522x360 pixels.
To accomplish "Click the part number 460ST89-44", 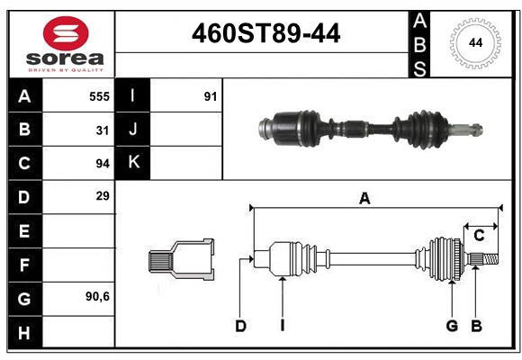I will pos(266,34).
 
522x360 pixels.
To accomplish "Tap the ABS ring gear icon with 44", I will pos(472,42).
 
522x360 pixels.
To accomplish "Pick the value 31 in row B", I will pos(103,130).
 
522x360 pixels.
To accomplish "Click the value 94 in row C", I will pos(103,163).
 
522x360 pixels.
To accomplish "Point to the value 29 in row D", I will pos(103,195).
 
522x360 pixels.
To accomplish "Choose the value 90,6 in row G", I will pos(97,296).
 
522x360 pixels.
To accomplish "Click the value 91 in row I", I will pos(211,95).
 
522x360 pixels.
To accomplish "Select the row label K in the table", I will pos(133,163).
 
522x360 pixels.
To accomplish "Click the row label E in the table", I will pos(24,231).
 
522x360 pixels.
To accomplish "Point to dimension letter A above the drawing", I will pos(364,199).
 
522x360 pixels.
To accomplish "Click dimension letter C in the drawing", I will pos(479,235).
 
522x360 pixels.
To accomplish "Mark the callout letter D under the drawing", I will pos(240,326).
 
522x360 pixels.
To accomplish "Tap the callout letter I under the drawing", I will pos(282,326).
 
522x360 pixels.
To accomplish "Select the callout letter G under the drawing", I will pos(452,326).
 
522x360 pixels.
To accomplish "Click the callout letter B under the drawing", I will pos(476,326).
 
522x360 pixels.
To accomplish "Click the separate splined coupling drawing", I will pos(181,259).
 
